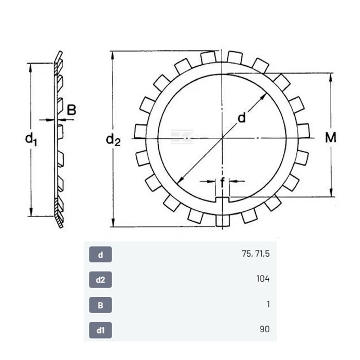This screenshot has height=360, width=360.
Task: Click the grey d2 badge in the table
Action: coord(100,280)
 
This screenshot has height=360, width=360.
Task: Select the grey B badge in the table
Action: coord(100,305)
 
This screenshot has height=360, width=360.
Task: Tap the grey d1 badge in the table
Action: coord(100,330)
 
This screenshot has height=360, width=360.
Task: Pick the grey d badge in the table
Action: coord(100,255)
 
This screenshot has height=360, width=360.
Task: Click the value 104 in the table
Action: coord(263,279)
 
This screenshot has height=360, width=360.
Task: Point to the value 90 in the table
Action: coord(264,329)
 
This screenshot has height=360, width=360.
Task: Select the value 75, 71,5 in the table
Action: coord(256,254)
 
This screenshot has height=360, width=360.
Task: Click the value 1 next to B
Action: coord(268,304)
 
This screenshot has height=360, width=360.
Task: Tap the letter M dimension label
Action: coord(331,137)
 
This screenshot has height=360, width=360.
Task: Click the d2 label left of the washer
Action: coord(113,140)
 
